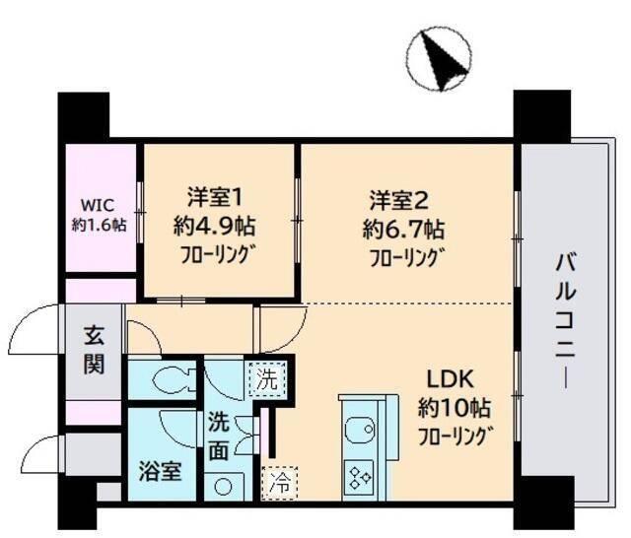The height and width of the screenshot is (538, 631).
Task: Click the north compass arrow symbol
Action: (442, 60)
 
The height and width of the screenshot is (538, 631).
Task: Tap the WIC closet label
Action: (98, 206)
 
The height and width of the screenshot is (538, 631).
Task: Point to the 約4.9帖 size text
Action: (215, 226)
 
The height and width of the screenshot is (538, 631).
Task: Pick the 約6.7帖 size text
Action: (402, 231)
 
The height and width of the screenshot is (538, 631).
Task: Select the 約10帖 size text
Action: (453, 407)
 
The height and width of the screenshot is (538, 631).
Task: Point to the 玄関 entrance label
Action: (94, 350)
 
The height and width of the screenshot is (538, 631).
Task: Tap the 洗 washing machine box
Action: (266, 375)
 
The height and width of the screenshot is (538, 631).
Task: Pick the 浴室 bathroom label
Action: (158, 470)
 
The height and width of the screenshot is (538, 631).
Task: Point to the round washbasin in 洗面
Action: (226, 487)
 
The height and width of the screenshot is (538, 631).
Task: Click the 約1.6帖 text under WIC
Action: (98, 225)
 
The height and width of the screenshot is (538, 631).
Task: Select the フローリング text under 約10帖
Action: (455, 435)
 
